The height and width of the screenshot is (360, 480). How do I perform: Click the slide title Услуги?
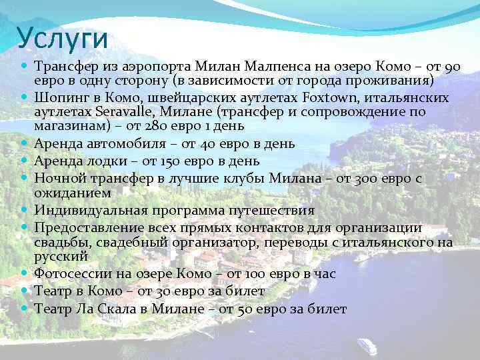(x=63, y=38)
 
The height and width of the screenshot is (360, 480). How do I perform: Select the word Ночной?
(x=58, y=178)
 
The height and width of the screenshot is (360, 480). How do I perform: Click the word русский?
(x=61, y=256)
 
